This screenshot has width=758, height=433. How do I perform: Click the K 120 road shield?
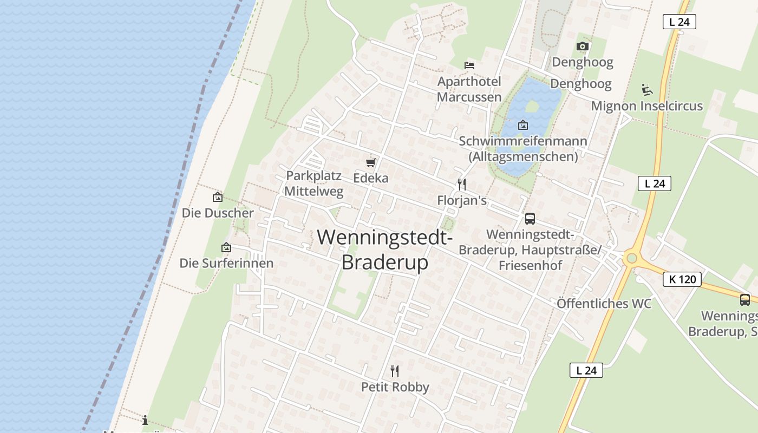pyautogui.click(x=682, y=279)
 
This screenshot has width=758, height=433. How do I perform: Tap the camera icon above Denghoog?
pyautogui.click(x=583, y=47)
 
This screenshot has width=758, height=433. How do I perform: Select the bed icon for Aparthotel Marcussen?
pyautogui.click(x=469, y=65)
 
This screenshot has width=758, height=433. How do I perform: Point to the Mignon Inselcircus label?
pyautogui.click(x=646, y=106)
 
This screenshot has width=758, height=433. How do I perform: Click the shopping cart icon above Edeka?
pyautogui.click(x=371, y=162)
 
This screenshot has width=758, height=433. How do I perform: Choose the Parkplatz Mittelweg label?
pyautogui.click(x=314, y=183)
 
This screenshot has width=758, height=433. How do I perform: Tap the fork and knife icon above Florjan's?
pyautogui.click(x=462, y=185)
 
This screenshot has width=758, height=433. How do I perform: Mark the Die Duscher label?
pyautogui.click(x=218, y=213)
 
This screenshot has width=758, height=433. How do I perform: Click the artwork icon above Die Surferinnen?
pyautogui.click(x=226, y=248)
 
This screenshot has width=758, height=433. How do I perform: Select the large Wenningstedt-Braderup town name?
pyautogui.click(x=384, y=250)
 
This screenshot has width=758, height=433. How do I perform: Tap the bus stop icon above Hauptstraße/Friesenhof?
pyautogui.click(x=530, y=219)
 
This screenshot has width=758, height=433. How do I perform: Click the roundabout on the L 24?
pyautogui.click(x=631, y=258)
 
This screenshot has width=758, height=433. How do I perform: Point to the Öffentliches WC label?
pyautogui.click(x=604, y=304)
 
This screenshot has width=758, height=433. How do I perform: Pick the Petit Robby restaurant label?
pyautogui.click(x=395, y=387)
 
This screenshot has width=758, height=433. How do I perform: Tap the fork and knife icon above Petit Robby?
pyautogui.click(x=395, y=371)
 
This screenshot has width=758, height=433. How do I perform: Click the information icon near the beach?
pyautogui.click(x=145, y=420)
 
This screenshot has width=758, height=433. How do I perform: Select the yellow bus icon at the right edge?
pyautogui.click(x=745, y=299)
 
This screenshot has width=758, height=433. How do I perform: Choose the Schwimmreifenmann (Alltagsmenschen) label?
pyautogui.click(x=523, y=149)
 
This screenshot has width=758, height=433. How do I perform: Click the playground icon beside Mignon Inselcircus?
pyautogui.click(x=646, y=90)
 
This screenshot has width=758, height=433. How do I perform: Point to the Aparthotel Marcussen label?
pyautogui.click(x=469, y=89)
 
